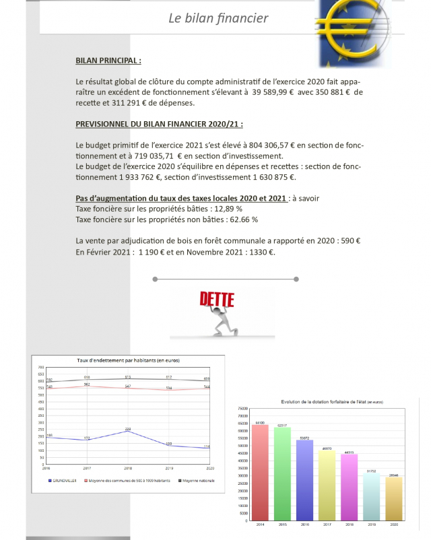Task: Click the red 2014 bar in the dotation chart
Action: click(260, 471)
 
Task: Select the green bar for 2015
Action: click(282, 473)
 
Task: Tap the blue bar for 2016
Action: click(304, 479)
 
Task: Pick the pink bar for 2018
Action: click(349, 486)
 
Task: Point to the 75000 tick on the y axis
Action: click(243, 408)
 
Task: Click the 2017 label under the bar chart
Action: click(327, 523)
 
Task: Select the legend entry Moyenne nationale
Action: click(198, 480)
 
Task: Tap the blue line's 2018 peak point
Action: click(128, 431)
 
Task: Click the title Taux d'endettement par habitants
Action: click(129, 360)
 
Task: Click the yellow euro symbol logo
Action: click(354, 30)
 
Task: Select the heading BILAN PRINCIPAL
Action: click(108, 61)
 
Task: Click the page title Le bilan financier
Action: click(218, 18)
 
